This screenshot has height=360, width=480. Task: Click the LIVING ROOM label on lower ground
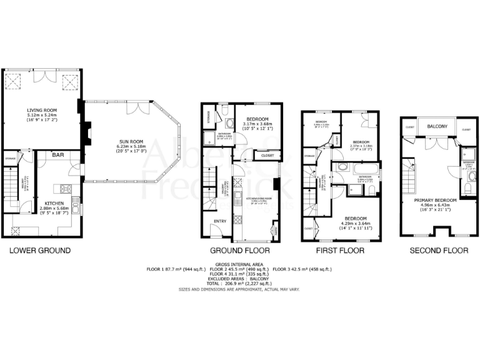pyautogui.click(x=42, y=109)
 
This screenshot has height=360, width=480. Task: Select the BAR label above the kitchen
pyautogui.click(x=58, y=154)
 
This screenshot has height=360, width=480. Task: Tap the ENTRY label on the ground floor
pyautogui.click(x=219, y=221)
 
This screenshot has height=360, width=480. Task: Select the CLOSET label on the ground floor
pyautogui.click(x=267, y=155)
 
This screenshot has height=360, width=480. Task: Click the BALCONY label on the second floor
pyautogui.click(x=437, y=127)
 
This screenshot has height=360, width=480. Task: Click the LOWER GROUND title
pyautogui.click(x=39, y=251)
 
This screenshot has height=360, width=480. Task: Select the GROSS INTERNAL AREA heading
pyautogui.click(x=239, y=264)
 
